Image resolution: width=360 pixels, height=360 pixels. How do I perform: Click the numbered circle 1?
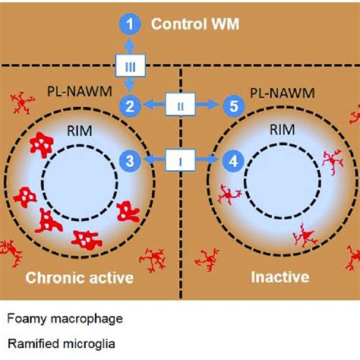(131, 26)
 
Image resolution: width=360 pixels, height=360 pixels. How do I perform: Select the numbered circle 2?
(131, 106)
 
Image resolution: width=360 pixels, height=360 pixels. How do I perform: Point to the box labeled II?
(182, 106)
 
